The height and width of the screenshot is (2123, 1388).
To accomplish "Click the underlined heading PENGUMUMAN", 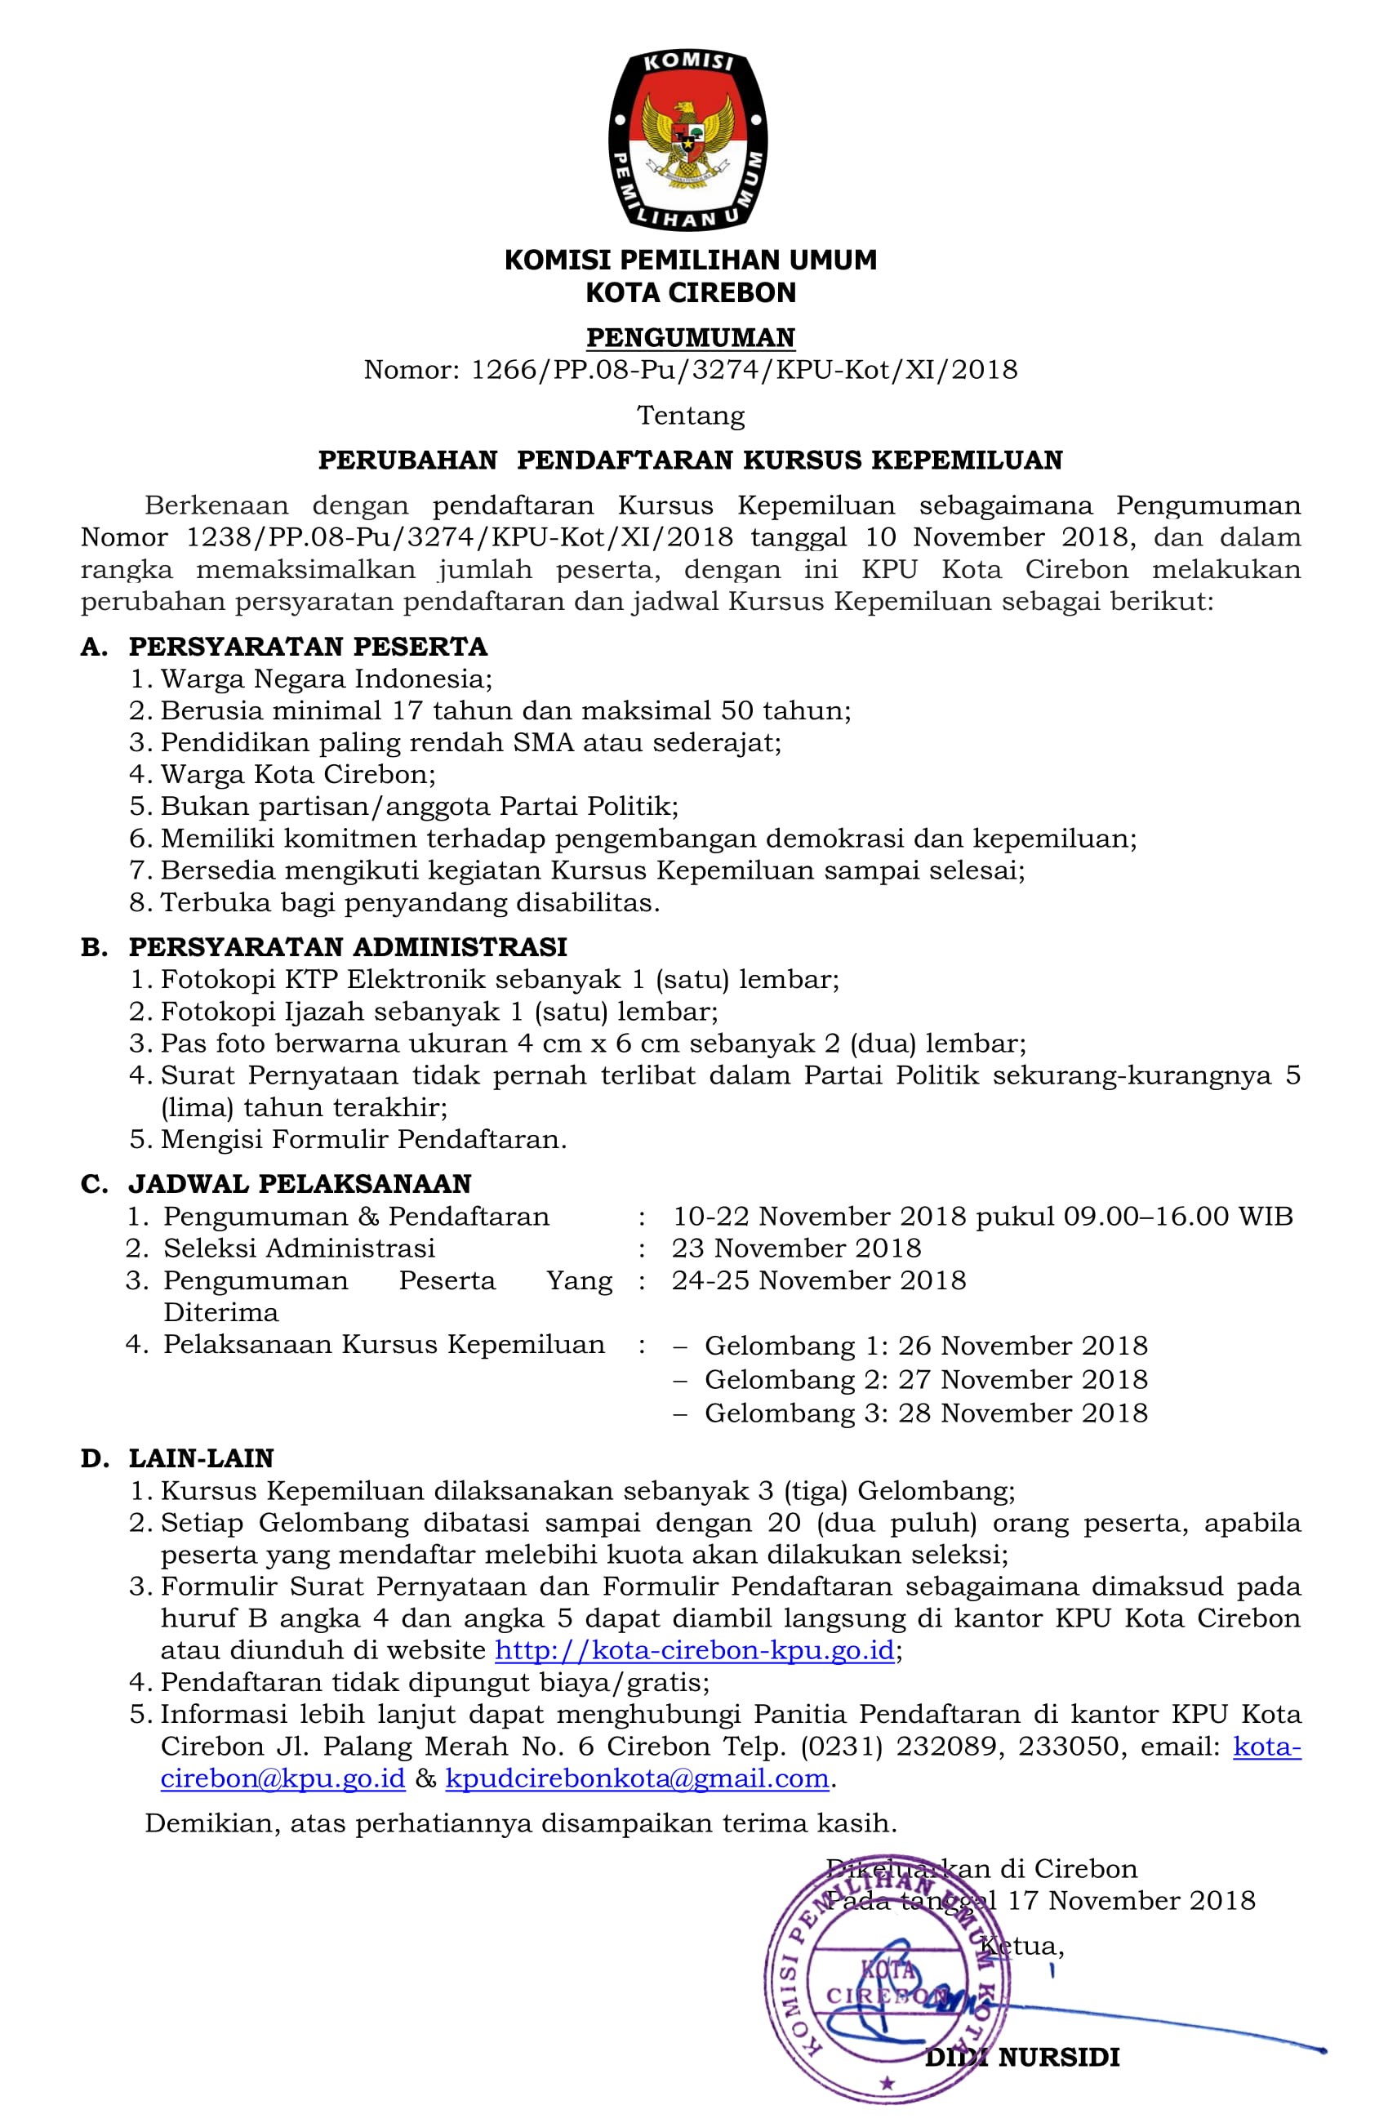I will tap(690, 337).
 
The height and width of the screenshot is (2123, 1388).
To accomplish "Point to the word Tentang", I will tap(690, 415).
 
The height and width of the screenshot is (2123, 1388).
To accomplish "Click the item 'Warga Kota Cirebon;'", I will tap(298, 773).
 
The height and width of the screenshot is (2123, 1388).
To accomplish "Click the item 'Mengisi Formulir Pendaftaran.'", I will tap(364, 1139).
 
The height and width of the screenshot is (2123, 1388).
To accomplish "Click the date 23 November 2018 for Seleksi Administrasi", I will tap(797, 1248).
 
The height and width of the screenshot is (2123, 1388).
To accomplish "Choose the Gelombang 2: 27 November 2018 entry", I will tap(926, 1379).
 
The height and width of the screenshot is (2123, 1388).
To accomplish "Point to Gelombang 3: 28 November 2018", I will tap(926, 1413).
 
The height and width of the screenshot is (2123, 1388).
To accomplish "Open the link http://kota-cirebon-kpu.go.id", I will tap(694, 1650).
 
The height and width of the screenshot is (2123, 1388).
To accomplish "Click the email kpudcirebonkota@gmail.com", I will tap(637, 1778).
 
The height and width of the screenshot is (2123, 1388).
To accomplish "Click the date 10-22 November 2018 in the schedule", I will tap(819, 1216).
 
